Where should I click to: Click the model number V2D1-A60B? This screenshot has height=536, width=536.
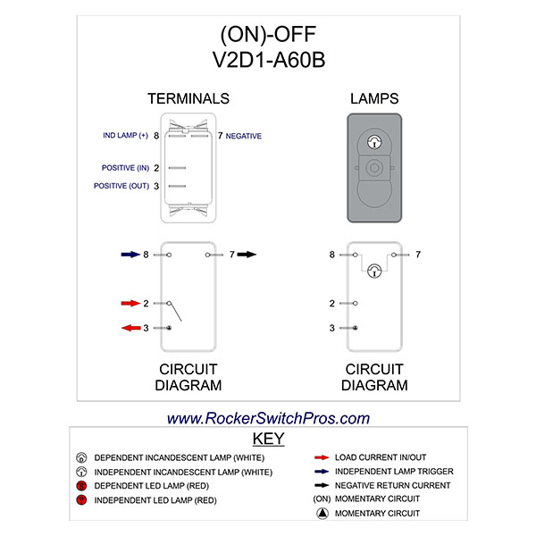[x=267, y=61]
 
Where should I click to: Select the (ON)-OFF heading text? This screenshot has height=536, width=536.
[x=267, y=36]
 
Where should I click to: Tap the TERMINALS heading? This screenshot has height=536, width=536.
[x=188, y=98]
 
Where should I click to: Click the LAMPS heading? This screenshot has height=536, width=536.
[x=375, y=98]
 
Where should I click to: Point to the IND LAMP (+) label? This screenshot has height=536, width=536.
[x=125, y=136]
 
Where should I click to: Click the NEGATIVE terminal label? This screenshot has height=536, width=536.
[x=244, y=136]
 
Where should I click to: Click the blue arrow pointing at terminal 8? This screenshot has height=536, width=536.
[x=130, y=255]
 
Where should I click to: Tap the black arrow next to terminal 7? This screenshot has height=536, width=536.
[x=246, y=255]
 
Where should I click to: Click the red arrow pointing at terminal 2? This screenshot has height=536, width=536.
[x=129, y=304]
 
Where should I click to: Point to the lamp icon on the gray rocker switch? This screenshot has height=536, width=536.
[x=375, y=141]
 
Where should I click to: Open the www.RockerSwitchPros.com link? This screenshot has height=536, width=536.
[x=268, y=418]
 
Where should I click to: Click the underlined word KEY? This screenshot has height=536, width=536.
[x=268, y=440]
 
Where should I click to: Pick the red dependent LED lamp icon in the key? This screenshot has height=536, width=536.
[x=81, y=486]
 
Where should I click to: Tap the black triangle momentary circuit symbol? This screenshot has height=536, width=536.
[x=320, y=514]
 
